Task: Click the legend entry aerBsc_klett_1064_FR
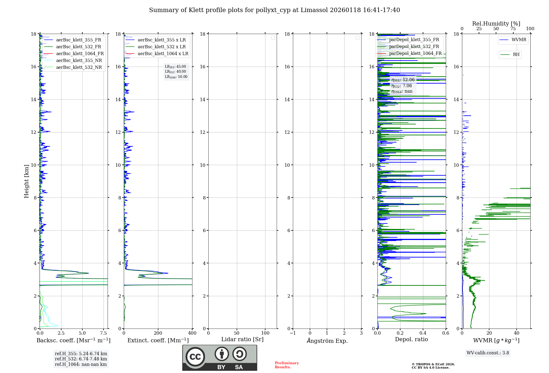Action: (x=80, y=54)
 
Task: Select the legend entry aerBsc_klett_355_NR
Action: (x=79, y=61)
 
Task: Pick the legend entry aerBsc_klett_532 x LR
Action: (x=161, y=47)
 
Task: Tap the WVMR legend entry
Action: (x=519, y=40)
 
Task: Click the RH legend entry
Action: (x=516, y=55)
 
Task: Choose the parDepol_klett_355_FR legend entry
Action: (x=414, y=40)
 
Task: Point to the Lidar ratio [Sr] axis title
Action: (x=242, y=340)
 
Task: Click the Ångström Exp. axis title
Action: (x=327, y=341)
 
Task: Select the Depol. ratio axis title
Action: (x=411, y=340)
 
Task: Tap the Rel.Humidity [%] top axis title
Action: (x=496, y=24)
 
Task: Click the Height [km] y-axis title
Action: (x=26, y=181)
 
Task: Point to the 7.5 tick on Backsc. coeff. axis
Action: (x=103, y=333)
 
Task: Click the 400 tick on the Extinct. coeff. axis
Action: (x=192, y=333)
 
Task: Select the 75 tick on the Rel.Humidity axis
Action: (x=513, y=29)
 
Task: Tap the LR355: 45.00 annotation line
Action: (x=175, y=67)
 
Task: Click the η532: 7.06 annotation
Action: (x=402, y=86)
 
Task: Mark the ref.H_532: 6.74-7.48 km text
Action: (x=81, y=359)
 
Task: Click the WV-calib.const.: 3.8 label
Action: (x=488, y=353)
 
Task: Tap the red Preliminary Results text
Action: (x=287, y=365)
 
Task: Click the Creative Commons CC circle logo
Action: (x=195, y=357)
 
